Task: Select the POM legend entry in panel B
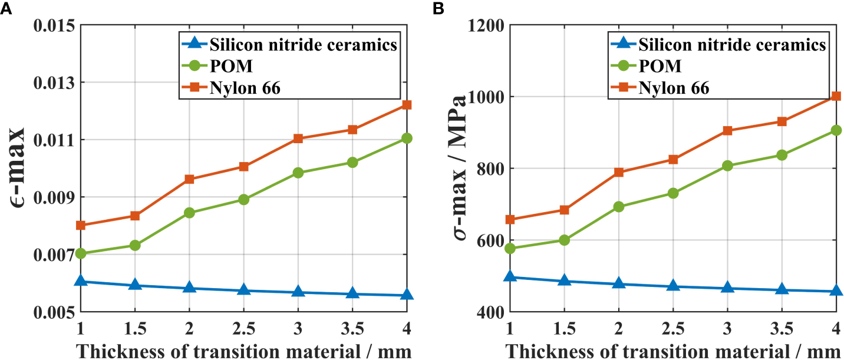660,66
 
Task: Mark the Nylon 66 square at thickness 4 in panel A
406,105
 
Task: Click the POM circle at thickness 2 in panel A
189,213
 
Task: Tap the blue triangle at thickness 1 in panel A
81,281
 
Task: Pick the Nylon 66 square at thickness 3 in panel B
727,131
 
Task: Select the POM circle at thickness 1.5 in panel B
564,240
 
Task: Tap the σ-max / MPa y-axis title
454,168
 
